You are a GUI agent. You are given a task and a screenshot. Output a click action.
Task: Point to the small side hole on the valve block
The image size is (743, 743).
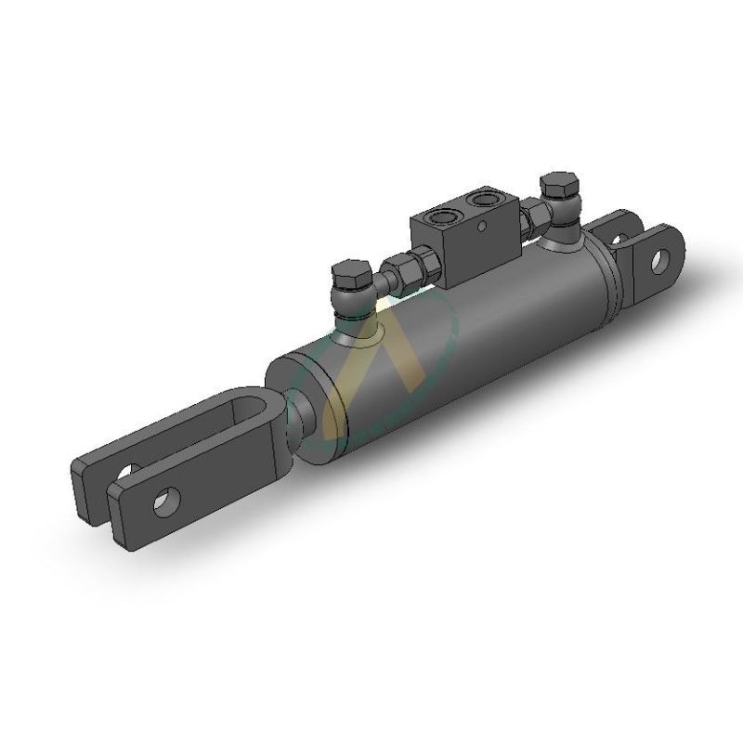[481, 224]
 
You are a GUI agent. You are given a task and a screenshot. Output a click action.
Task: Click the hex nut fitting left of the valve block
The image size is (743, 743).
[405, 267]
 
